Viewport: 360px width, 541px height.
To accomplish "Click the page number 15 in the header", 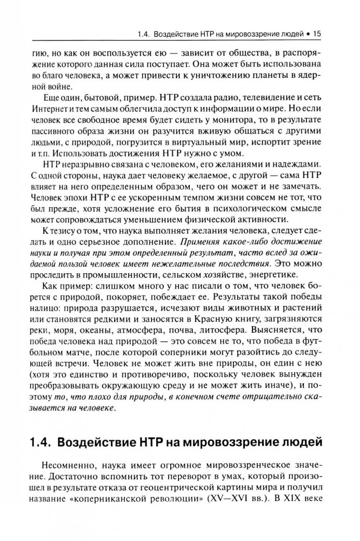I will (318, 34).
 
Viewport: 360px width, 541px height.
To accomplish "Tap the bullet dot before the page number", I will (308, 34).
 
